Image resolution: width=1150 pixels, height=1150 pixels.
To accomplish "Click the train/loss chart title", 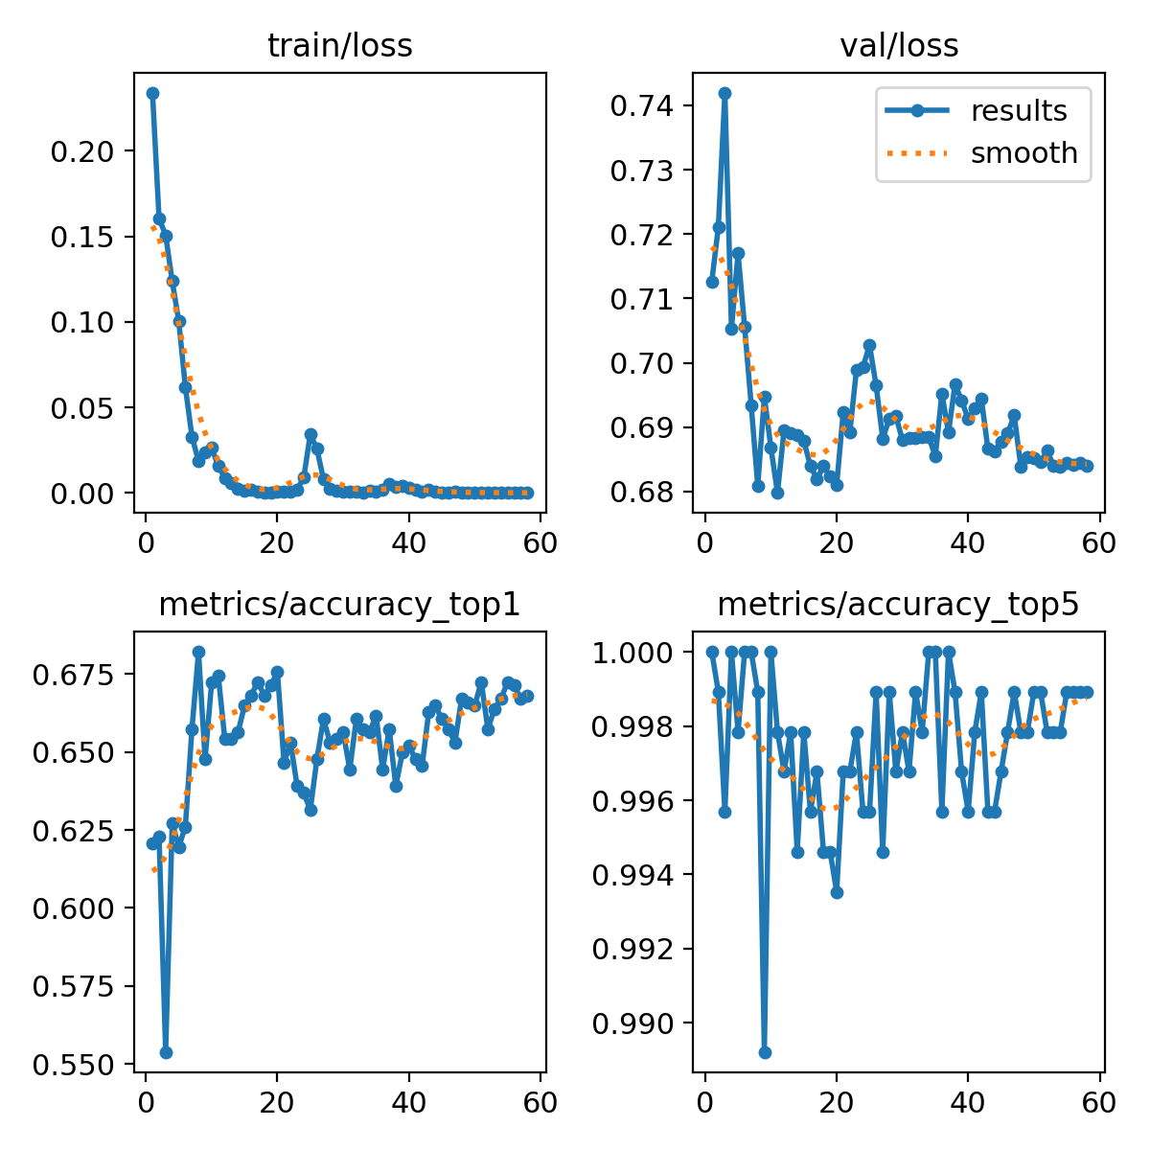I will [340, 46].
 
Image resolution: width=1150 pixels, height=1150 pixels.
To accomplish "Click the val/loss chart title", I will [899, 46].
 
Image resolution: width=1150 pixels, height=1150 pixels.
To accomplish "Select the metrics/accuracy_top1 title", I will [340, 605].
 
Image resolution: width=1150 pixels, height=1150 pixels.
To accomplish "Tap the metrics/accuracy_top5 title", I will [899, 605].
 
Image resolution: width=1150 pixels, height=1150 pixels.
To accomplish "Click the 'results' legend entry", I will [1018, 111].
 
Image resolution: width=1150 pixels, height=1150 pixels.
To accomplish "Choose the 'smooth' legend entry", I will [1023, 153].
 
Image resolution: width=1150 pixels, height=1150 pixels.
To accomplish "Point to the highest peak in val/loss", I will [724, 93].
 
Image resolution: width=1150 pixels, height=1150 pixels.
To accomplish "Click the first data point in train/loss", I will [152, 93].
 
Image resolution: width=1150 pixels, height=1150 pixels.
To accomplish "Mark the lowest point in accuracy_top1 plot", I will [166, 1051].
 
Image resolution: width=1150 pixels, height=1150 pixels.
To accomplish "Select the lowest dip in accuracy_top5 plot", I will [765, 1052].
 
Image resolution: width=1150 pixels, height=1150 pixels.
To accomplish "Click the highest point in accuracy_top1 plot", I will [198, 652].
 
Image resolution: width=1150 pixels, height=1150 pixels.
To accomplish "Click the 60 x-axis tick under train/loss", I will [540, 542].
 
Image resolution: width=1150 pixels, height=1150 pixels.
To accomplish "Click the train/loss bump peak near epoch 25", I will [310, 434].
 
